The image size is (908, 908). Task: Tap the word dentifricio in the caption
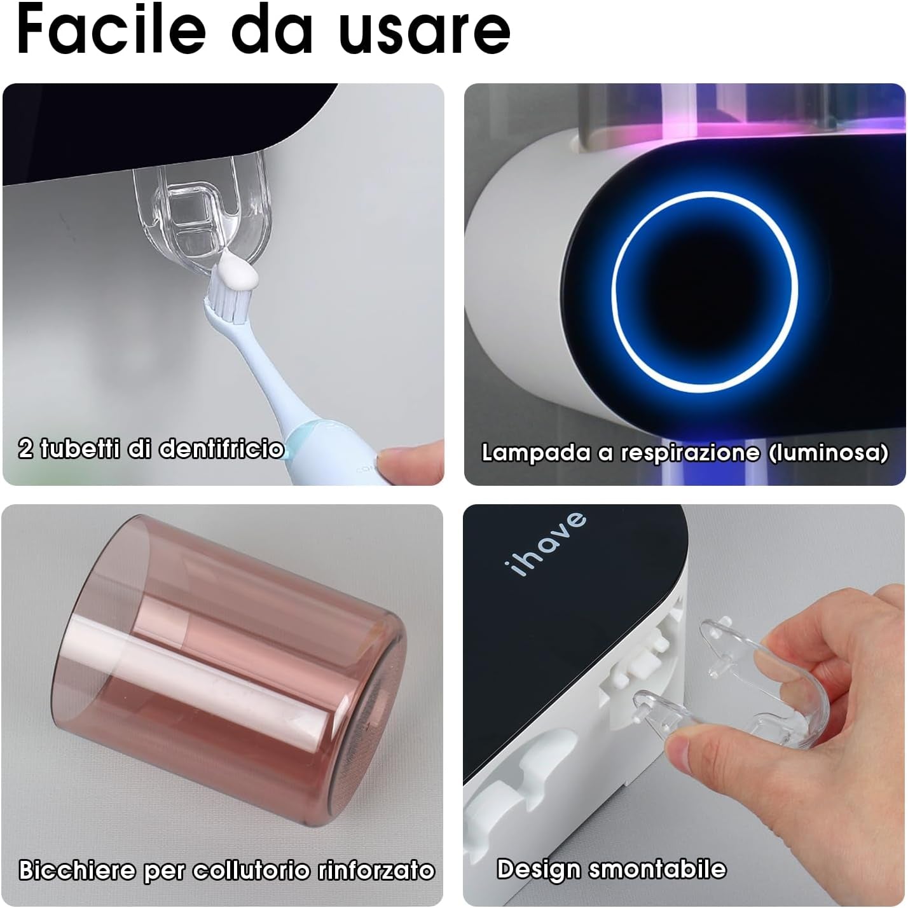221,449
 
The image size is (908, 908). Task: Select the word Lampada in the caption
535,453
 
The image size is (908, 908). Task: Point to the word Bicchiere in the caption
77,870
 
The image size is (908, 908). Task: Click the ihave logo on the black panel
546,544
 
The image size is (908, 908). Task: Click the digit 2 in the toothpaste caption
25,449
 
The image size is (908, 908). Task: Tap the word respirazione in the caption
689,453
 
